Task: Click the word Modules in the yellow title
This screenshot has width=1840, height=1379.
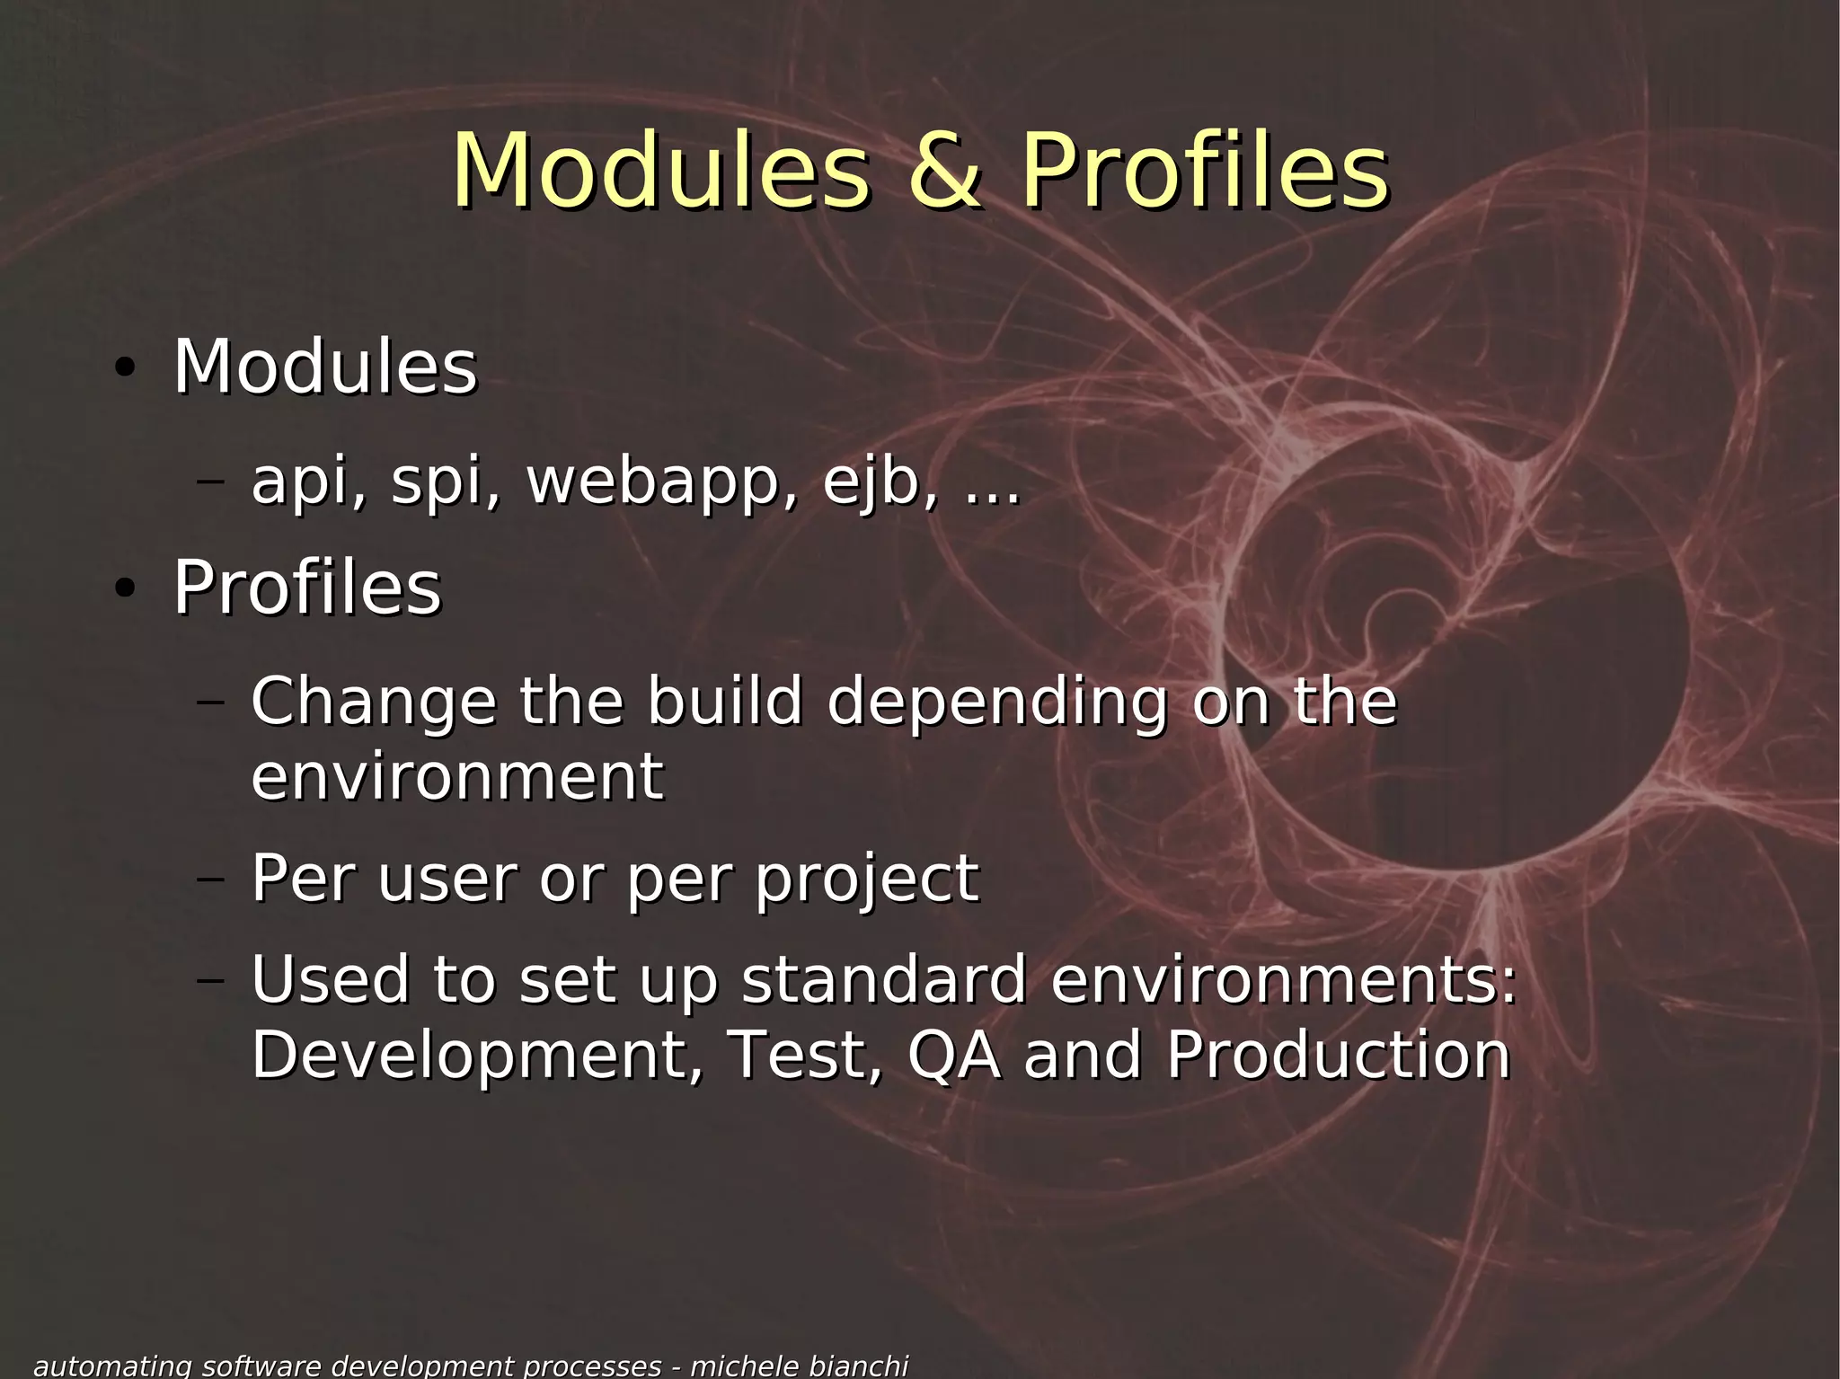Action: coord(660,171)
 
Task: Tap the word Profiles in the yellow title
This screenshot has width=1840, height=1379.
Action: coord(1204,171)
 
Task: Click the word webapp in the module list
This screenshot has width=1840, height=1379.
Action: coord(661,483)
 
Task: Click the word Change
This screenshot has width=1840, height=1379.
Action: coord(373,703)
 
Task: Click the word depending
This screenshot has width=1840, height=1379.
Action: coord(997,703)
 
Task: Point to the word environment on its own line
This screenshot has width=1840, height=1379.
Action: coord(456,777)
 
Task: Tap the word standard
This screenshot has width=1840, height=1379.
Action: coord(884,979)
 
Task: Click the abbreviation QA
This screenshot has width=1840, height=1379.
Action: coord(953,1056)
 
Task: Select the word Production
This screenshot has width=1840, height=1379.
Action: coord(1338,1055)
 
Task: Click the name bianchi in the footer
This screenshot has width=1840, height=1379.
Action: coord(858,1366)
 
